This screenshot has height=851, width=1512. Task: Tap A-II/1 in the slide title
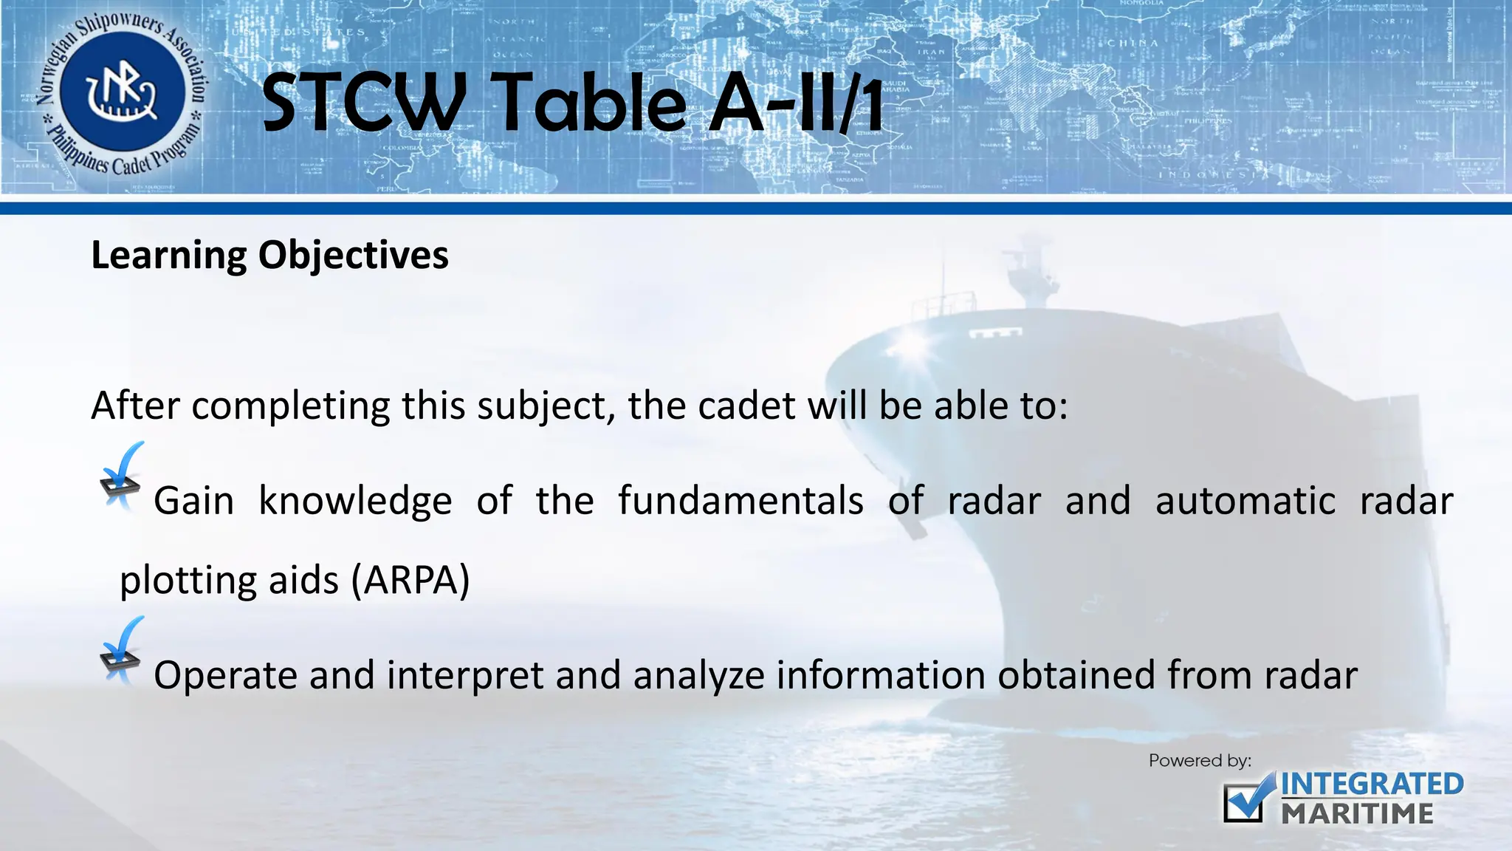[x=796, y=103]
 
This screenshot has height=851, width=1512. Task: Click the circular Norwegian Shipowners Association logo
[x=123, y=96]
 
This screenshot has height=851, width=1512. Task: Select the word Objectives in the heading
[x=353, y=256]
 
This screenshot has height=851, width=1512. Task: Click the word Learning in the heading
[x=168, y=256]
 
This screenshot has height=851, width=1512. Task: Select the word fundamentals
[x=740, y=501]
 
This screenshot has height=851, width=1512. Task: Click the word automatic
[x=1245, y=501]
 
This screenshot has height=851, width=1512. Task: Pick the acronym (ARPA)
[x=410, y=580]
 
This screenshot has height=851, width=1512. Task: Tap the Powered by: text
[x=1200, y=761]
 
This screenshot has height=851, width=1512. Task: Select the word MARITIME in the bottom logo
[x=1357, y=814]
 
